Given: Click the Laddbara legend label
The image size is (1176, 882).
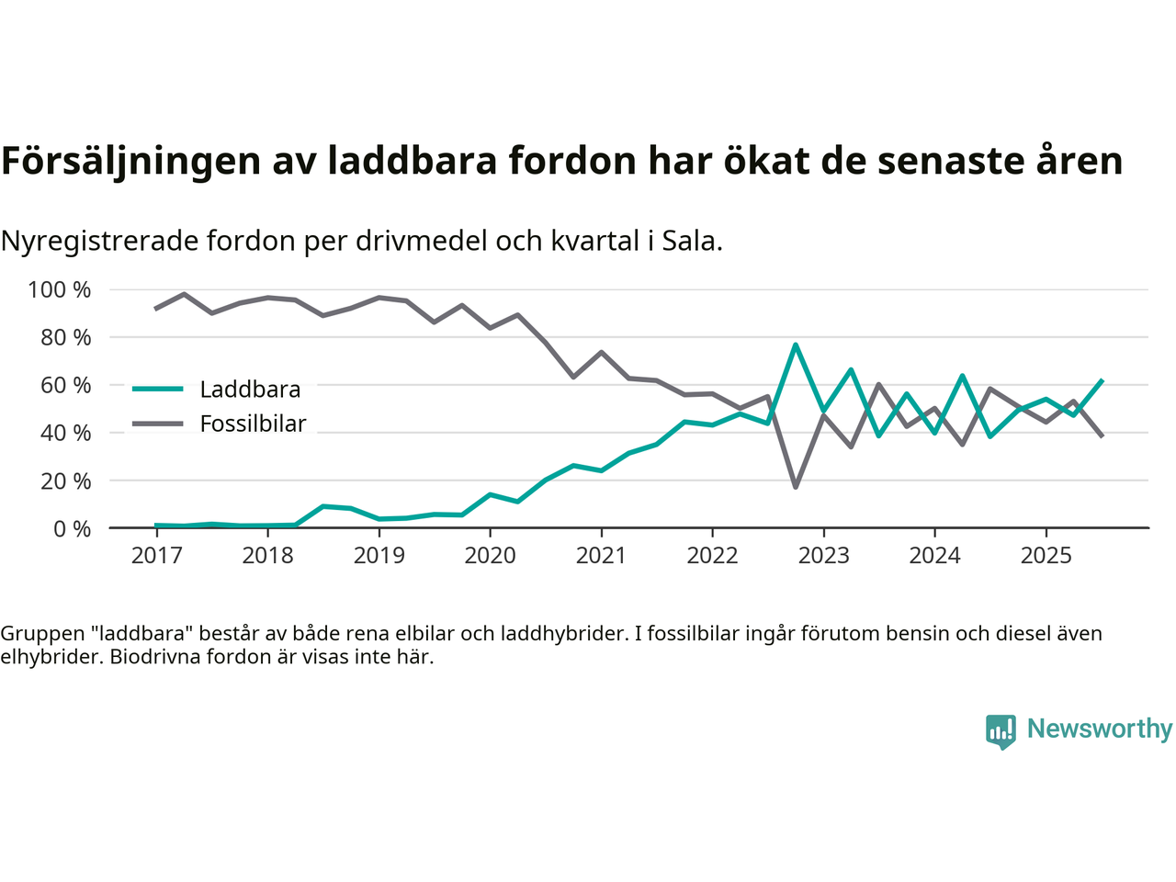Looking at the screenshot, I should click(x=250, y=390).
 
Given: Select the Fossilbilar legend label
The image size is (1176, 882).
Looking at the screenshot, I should click(x=253, y=424).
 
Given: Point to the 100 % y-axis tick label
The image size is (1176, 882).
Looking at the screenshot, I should click(x=60, y=290).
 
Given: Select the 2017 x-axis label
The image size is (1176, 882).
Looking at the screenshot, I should click(x=156, y=556).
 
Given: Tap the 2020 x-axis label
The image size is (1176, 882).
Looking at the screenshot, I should click(x=490, y=556).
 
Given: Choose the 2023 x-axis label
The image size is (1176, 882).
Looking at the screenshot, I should click(x=823, y=556).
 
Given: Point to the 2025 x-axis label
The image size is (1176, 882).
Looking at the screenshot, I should click(x=1046, y=556).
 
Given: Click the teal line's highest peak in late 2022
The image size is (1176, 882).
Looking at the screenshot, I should click(x=796, y=345).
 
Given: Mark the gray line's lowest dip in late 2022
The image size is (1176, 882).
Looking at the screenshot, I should click(x=796, y=487).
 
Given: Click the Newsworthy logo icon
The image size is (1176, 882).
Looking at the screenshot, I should click(x=1001, y=731).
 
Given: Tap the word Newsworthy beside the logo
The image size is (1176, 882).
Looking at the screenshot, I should click(x=1100, y=729).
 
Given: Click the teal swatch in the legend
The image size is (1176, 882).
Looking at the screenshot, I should click(x=158, y=390).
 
